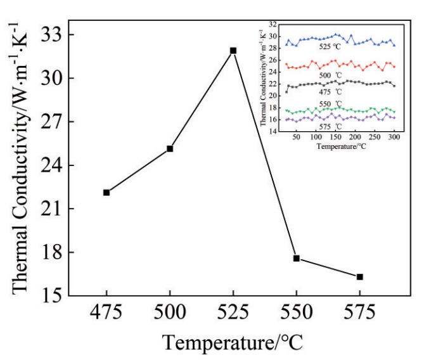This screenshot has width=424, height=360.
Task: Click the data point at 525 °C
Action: [233, 50]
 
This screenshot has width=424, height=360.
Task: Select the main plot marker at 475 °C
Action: [106, 192]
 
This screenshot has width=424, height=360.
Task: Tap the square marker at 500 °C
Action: [170, 148]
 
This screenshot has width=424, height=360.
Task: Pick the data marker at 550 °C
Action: [297, 258]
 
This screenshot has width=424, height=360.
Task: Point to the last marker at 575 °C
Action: [360, 276]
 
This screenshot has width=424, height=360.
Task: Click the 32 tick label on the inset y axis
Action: [273, 24]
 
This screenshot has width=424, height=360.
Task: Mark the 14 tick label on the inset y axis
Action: [273, 131]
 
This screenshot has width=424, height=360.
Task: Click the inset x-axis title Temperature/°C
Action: [336, 146]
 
